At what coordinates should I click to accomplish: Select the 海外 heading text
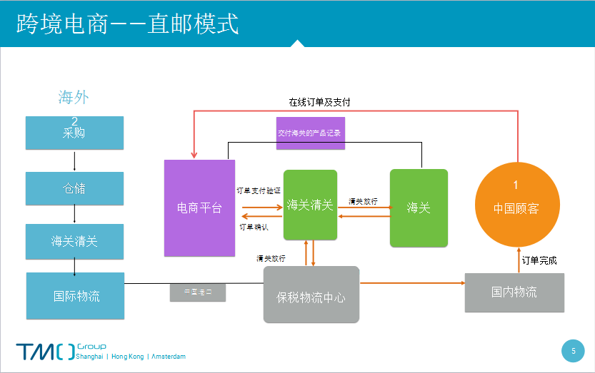(x=74, y=98)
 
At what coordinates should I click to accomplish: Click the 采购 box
(x=74, y=133)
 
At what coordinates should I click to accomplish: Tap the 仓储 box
(x=74, y=188)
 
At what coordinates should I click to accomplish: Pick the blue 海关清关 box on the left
(x=74, y=241)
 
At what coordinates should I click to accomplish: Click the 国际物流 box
(x=75, y=295)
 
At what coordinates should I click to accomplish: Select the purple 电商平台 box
(x=199, y=208)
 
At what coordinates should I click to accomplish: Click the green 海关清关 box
(x=310, y=205)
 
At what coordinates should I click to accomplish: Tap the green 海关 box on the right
(x=419, y=208)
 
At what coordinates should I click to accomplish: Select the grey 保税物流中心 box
(x=311, y=295)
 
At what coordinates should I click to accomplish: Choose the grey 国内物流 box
(x=514, y=292)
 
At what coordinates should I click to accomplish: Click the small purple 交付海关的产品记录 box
(x=310, y=133)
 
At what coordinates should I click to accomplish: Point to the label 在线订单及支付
(x=319, y=103)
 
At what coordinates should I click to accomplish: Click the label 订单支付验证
(x=259, y=190)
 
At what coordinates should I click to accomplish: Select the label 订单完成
(x=539, y=260)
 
